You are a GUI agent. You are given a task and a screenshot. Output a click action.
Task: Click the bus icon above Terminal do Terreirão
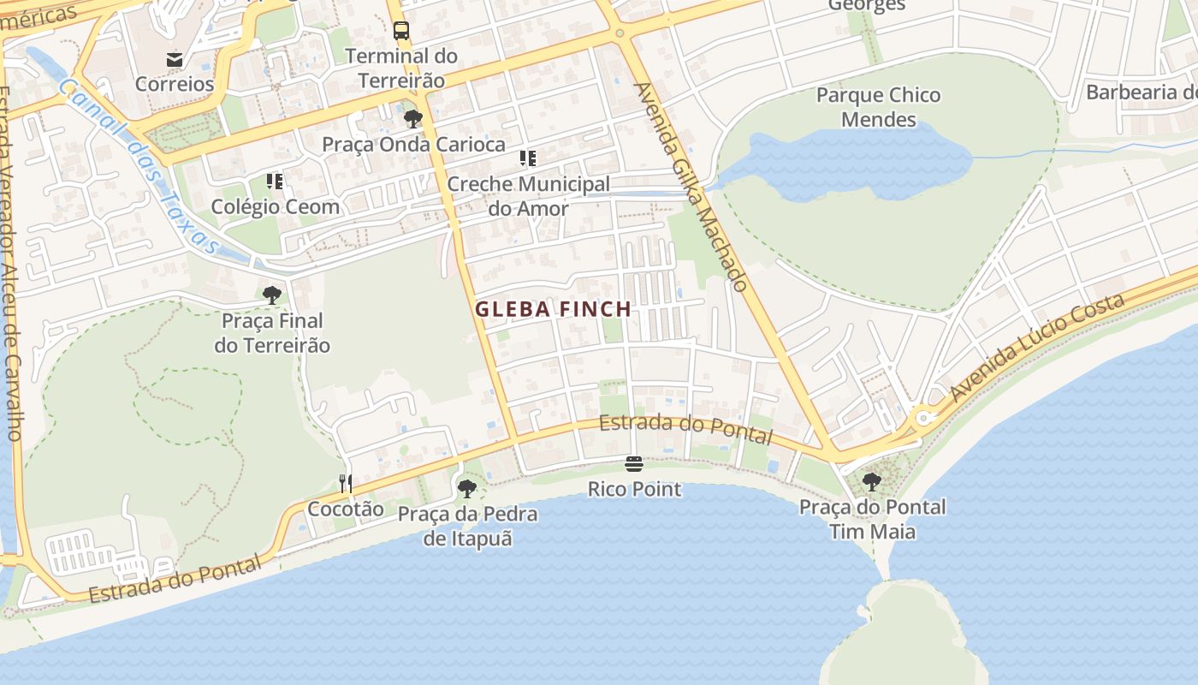tap(401, 32)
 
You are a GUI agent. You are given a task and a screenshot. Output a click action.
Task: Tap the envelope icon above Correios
tap(175, 59)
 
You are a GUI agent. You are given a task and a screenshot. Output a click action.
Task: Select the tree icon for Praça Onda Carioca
tap(413, 119)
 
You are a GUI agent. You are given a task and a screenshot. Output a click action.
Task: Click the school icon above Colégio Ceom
tap(275, 181)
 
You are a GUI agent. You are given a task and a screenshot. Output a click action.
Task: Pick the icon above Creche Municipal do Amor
tap(528, 158)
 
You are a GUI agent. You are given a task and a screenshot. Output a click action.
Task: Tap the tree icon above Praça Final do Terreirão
tap(272, 295)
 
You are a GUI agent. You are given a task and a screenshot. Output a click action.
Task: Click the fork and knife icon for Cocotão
tap(345, 484)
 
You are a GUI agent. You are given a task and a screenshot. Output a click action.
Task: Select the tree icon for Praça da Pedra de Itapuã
tap(467, 489)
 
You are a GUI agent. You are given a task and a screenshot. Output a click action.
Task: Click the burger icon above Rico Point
tap(634, 464)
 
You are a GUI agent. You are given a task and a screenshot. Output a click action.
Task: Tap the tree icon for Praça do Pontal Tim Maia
tap(872, 481)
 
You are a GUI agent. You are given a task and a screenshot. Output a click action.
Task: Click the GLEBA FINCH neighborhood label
tap(554, 309)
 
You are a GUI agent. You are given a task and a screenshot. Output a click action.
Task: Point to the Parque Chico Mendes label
tap(879, 107)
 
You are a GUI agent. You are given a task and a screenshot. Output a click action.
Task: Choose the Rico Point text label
tap(634, 490)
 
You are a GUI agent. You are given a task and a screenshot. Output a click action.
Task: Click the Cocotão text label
tap(346, 509)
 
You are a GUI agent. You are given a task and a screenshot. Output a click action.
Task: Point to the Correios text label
tap(175, 84)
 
